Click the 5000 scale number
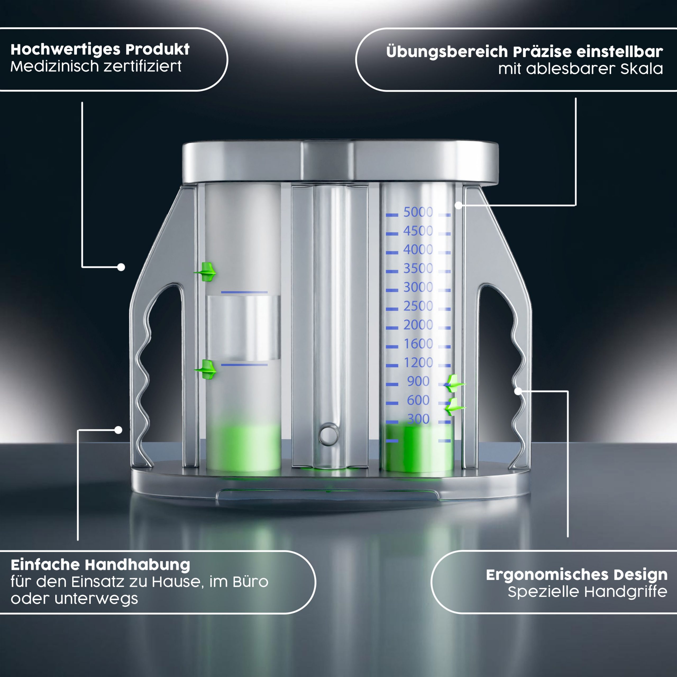[x=418, y=212]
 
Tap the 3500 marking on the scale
[x=418, y=268]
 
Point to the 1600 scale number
[x=418, y=344]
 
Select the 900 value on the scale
[x=418, y=381]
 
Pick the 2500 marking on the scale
[x=418, y=306]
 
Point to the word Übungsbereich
[x=447, y=52]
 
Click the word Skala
[x=642, y=69]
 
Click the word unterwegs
[x=96, y=599]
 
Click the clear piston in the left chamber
[x=243, y=328]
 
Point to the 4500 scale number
[x=418, y=231]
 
